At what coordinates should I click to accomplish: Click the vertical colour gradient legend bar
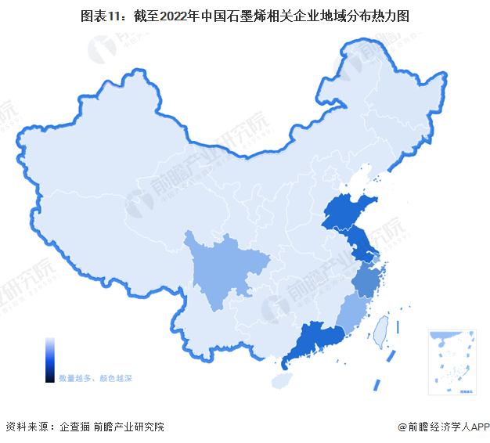coord(50,360)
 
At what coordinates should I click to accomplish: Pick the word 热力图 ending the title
coord(391,15)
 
